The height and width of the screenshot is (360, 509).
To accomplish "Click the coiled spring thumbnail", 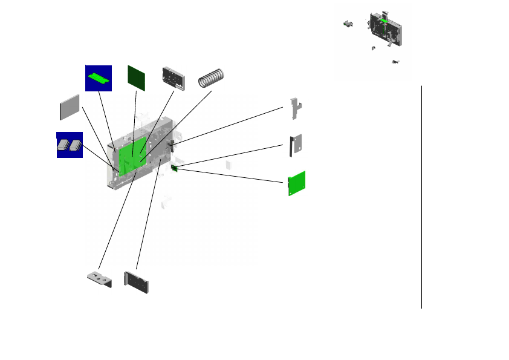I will (213, 77).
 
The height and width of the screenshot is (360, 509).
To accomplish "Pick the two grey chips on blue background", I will (70, 145).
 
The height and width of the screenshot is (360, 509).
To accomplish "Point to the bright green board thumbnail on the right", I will (297, 183).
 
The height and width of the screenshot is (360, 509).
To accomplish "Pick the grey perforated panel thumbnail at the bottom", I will (137, 283).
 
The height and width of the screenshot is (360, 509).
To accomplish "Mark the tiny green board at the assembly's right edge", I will (174, 167).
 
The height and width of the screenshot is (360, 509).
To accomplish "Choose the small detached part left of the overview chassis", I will (348, 24).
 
